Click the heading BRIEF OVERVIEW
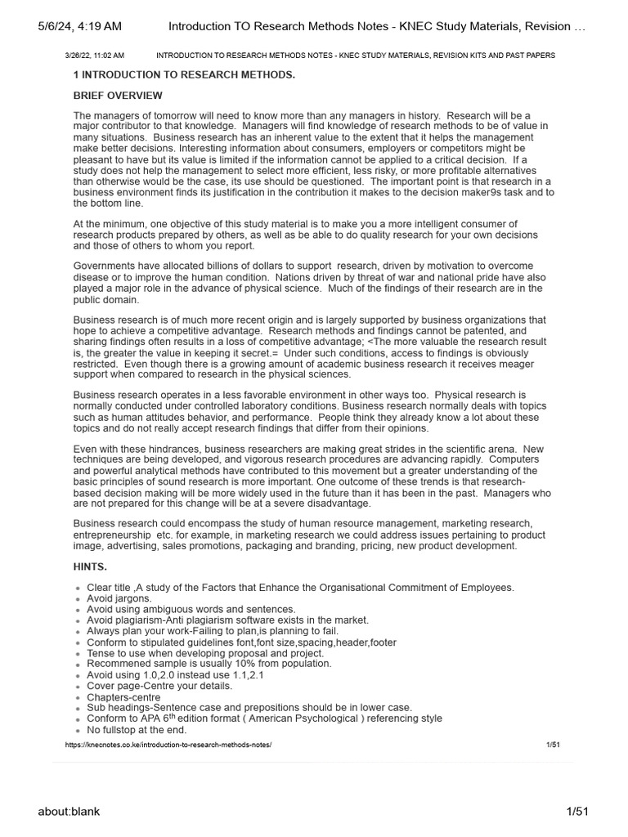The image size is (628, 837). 118,96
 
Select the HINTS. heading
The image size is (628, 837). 90,566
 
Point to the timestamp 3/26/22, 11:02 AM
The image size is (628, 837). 94,56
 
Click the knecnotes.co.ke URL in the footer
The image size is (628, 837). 168,745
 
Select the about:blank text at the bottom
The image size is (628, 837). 69,811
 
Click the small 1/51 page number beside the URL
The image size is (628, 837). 553,745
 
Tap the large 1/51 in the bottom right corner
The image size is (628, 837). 577,811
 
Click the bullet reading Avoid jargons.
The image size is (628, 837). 119,598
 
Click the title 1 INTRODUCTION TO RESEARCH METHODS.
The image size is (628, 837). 184,75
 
